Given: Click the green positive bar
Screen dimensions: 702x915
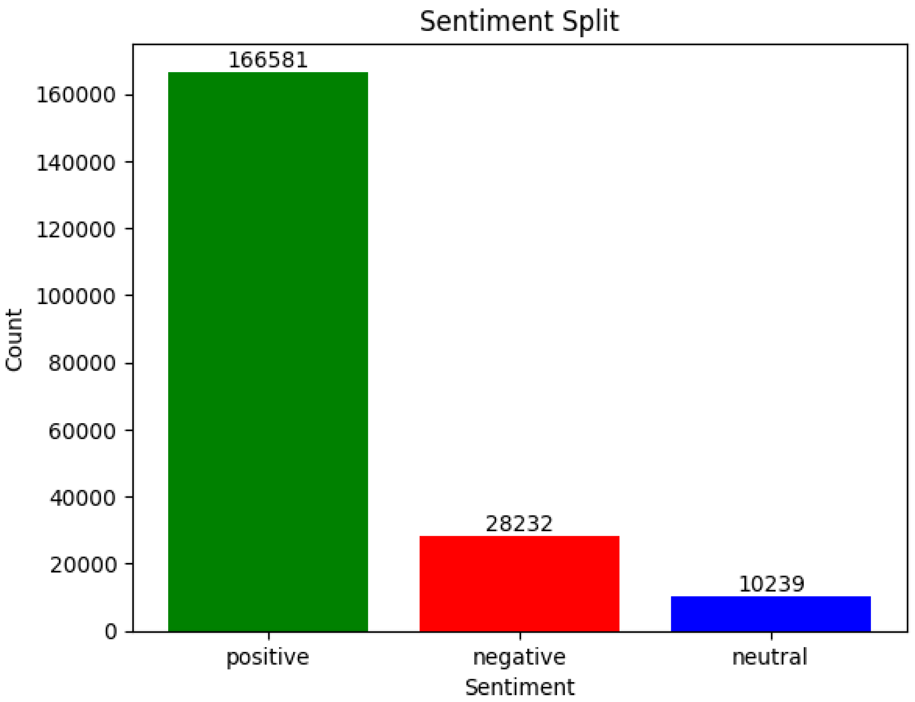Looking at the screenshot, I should click(268, 351).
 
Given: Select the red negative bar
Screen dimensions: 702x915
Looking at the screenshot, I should click(519, 583).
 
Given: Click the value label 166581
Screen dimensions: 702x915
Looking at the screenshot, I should click(268, 60).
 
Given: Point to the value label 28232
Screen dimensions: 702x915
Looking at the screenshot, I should click(519, 524).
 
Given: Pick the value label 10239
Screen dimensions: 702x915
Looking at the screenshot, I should click(771, 584).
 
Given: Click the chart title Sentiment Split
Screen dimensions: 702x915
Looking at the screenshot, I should click(519, 22).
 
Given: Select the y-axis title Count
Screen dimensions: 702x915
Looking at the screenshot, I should click(14, 340).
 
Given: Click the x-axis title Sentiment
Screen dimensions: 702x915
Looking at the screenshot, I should click(519, 688).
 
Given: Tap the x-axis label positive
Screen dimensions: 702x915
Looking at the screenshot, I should click(268, 657).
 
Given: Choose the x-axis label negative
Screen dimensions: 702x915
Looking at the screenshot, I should click(519, 657).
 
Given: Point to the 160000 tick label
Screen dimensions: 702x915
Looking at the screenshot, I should click(76, 95).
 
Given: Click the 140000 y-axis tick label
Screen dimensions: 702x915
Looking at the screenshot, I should click(76, 163).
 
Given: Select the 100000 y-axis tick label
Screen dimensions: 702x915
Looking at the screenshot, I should click(76, 297).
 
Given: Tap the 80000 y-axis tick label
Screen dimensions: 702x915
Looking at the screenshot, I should click(82, 363).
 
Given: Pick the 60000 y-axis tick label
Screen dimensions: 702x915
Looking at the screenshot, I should click(82, 431).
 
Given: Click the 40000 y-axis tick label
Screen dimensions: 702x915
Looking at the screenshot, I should click(82, 498).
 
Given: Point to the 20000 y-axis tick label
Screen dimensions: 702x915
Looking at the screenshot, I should click(82, 565).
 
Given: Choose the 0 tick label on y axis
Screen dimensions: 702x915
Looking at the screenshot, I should click(111, 632).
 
